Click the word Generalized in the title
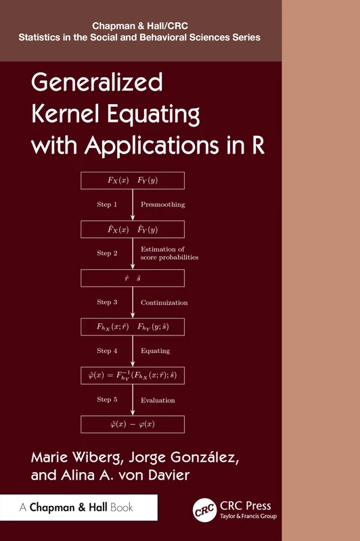point(97,83)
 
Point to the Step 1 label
point(107,204)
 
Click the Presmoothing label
point(162,204)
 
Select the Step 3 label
point(107,302)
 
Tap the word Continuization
point(164,302)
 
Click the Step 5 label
point(107,400)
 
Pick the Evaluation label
point(158,400)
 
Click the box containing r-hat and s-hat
point(133,278)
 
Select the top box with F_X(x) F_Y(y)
point(133,181)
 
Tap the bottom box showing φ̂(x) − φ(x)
point(133,424)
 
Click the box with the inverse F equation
point(133,375)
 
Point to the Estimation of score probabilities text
point(169,254)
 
